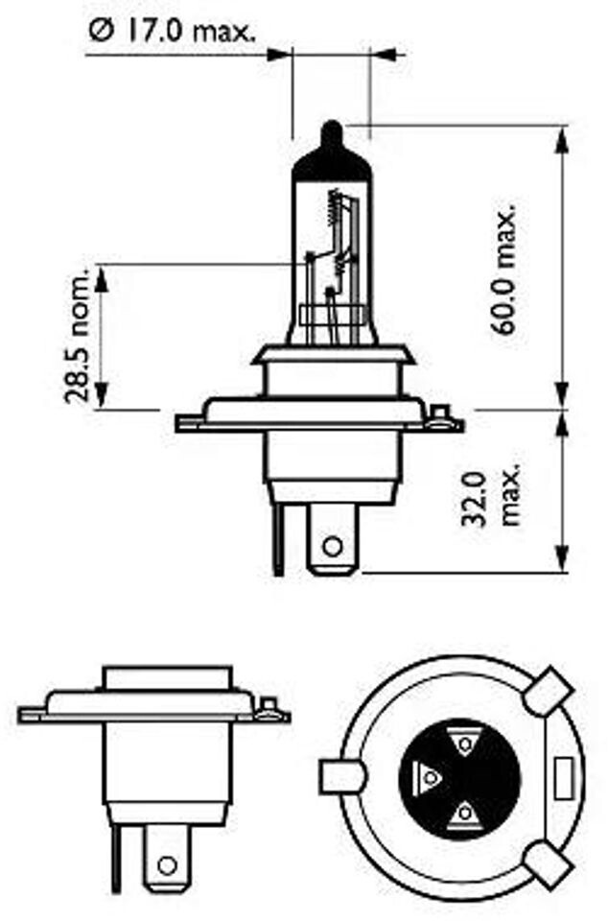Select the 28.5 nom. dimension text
pyautogui.click(x=78, y=336)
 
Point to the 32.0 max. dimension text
pyautogui.click(x=494, y=499)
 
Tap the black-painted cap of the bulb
pyautogui.click(x=332, y=153)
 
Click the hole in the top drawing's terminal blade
pyautogui.click(x=332, y=546)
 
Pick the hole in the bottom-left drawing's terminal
pyautogui.click(x=168, y=866)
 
